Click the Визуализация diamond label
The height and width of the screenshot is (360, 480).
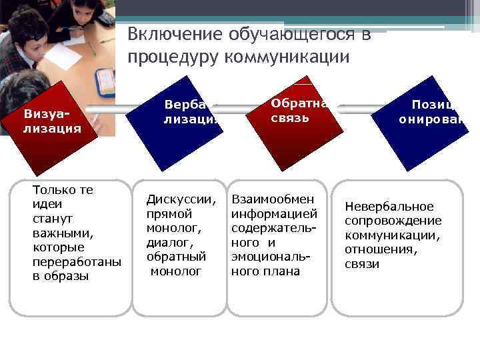pyautogui.click(x=52, y=120)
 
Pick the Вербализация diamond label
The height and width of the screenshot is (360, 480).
pyautogui.click(x=191, y=112)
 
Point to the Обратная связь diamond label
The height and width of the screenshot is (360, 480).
pyautogui.click(x=299, y=110)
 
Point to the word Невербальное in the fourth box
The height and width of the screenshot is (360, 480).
pyautogui.click(x=389, y=207)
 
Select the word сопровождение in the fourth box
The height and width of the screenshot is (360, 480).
pyautogui.click(x=393, y=221)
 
